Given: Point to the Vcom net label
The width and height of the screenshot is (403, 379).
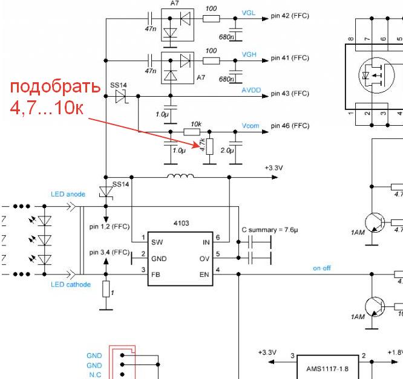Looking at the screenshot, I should pyautogui.click(x=251, y=126).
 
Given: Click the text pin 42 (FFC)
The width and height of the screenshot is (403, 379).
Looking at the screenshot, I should pyautogui.click(x=290, y=16).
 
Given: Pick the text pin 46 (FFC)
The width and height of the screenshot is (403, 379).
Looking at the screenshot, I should pyautogui.click(x=290, y=126).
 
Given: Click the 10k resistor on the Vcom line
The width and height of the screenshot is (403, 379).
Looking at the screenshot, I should pyautogui.click(x=192, y=131).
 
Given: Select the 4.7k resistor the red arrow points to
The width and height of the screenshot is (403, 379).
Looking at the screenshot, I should pyautogui.click(x=209, y=146).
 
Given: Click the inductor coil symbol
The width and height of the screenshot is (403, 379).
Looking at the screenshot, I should pyautogui.click(x=181, y=177).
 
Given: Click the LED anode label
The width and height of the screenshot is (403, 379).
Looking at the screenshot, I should pyautogui.click(x=68, y=194).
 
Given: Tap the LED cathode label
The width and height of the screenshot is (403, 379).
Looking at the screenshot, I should pyautogui.click(x=71, y=284).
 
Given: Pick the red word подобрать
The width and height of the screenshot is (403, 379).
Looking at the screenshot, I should pyautogui.click(x=54, y=86).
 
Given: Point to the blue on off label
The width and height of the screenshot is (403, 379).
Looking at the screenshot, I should pyautogui.click(x=322, y=268).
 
